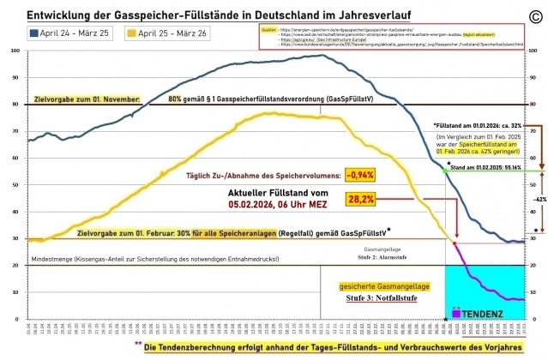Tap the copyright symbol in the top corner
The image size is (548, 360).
[535, 14]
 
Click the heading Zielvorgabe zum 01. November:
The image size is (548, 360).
[86, 99]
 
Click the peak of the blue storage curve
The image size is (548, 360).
[322, 56]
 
